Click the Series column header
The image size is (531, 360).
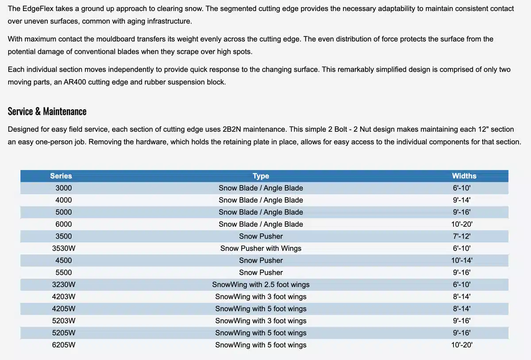tap(61, 176)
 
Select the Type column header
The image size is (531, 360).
tap(261, 176)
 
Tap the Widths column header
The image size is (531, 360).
tap(464, 176)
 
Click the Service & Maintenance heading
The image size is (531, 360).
tap(47, 112)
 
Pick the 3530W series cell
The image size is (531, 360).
tap(63, 248)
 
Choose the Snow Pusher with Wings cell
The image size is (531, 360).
tap(261, 248)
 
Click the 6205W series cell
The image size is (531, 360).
tap(63, 345)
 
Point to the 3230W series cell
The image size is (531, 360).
tap(63, 285)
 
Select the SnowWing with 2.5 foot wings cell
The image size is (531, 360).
tap(261, 285)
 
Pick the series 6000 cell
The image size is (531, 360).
tap(63, 225)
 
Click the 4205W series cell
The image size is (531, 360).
tap(63, 309)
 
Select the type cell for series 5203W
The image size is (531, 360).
tap(261, 321)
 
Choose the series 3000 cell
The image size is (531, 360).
tap(63, 188)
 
